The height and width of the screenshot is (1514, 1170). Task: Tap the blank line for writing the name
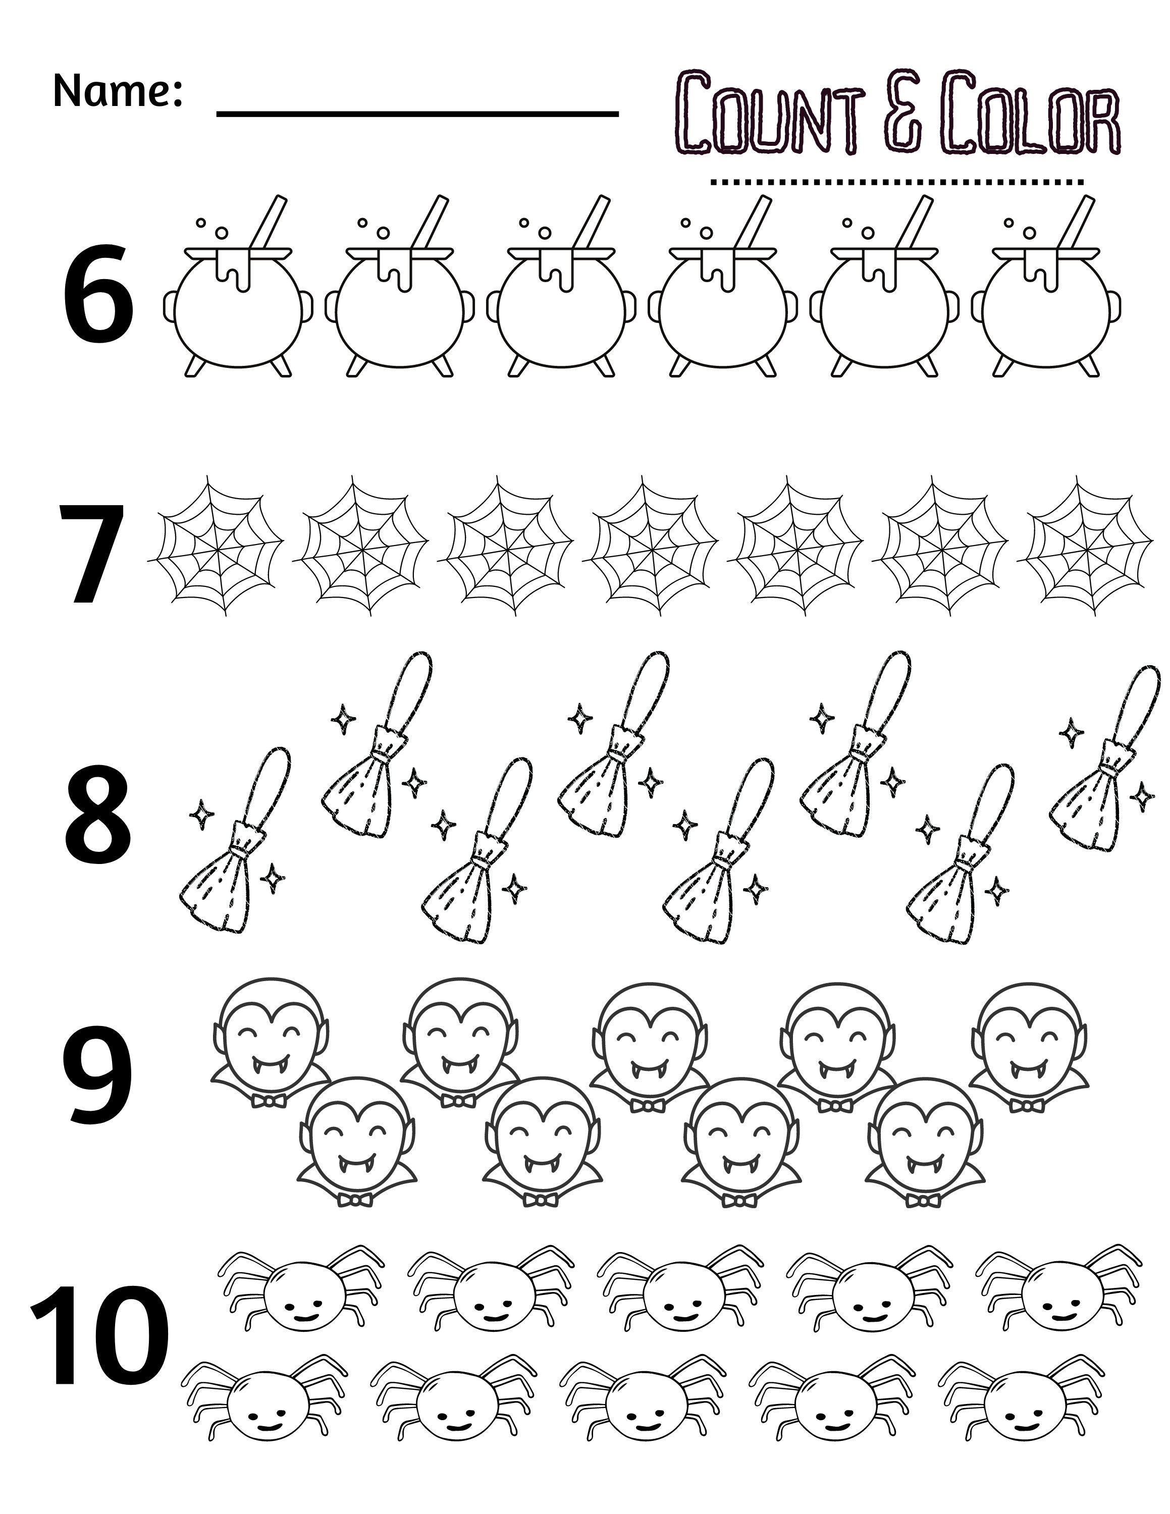click(x=417, y=113)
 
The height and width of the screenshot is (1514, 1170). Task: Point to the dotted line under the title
click(x=897, y=182)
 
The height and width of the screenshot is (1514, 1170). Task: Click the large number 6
click(x=98, y=299)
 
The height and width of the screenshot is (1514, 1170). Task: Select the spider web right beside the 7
click(x=216, y=545)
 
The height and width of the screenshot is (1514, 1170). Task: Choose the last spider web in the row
click(x=1089, y=545)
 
